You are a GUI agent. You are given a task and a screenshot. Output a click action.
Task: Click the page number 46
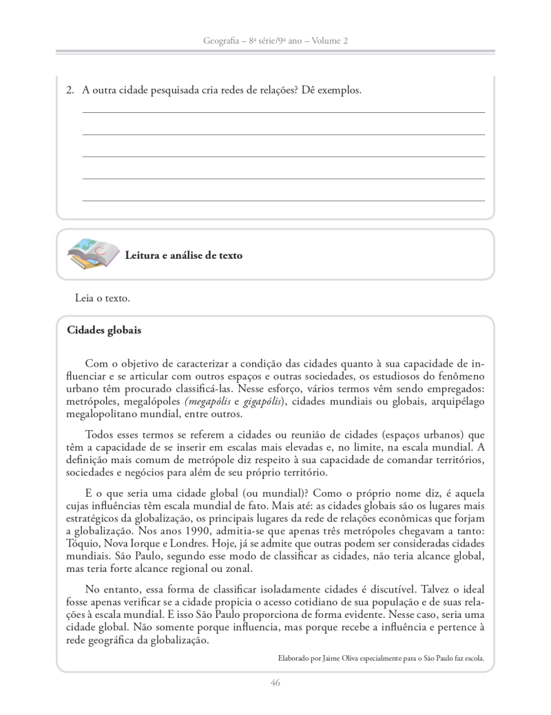275,683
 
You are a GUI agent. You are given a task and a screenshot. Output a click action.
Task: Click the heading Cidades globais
104,330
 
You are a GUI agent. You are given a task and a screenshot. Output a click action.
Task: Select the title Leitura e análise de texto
183,255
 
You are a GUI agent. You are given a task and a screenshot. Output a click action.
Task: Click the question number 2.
70,90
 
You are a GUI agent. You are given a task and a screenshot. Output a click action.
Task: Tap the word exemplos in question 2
338,90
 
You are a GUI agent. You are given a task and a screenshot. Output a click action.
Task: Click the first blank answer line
283,111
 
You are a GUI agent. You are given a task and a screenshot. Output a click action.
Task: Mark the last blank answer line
283,200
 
